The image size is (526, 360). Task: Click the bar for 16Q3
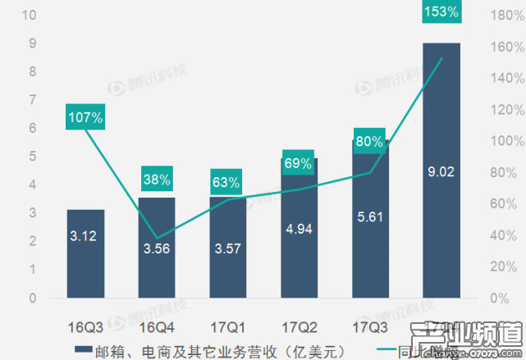pyautogui.click(x=85, y=254)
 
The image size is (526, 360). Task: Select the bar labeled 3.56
pyautogui.click(x=156, y=248)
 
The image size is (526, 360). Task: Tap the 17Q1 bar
pyautogui.click(x=226, y=248)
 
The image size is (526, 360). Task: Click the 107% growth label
pyautogui.click(x=85, y=118)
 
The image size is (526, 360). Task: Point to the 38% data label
pyautogui.click(x=156, y=179)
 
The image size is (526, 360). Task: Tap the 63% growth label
pyautogui.click(x=226, y=182)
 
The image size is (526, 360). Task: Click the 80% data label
pyautogui.click(x=369, y=141)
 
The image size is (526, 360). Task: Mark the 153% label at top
pyautogui.click(x=441, y=11)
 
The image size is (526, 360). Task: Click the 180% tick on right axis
pyautogui.click(x=500, y=15)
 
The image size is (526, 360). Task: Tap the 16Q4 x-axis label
pyautogui.click(x=156, y=327)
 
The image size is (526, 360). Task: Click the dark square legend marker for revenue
pyautogui.click(x=81, y=350)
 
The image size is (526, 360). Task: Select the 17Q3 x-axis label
pyautogui.click(x=369, y=327)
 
